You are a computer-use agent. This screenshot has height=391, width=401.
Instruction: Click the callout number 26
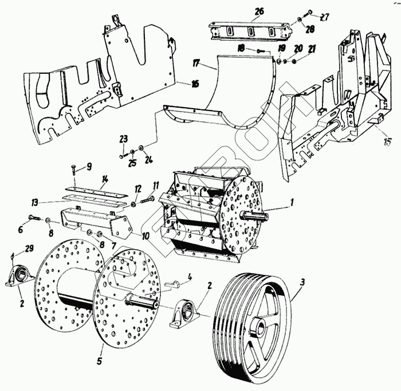pos(260,11)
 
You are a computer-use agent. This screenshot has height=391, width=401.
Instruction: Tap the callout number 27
pos(325,17)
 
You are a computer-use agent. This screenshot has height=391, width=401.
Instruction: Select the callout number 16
pos(195,84)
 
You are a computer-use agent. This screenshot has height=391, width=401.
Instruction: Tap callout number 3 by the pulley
pos(302,282)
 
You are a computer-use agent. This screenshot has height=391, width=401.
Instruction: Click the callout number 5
pos(100,361)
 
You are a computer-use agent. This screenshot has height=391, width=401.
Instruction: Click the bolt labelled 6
pos(32,218)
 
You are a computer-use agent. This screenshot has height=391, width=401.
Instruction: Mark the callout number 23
pos(123,138)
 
